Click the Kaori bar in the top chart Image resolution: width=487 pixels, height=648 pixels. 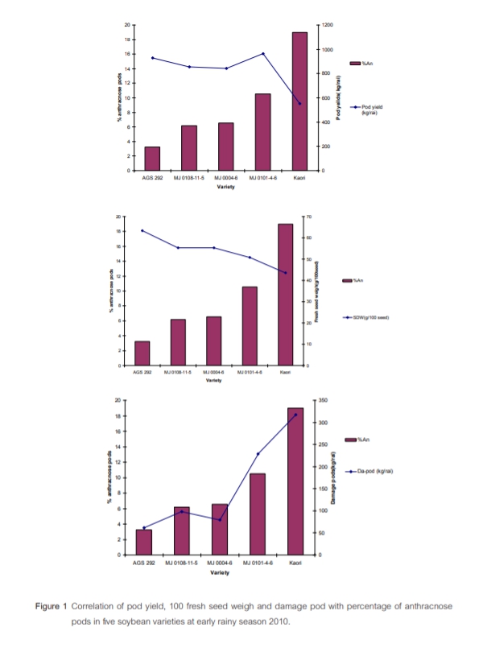coord(299,101)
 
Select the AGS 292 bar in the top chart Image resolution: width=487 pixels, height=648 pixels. coord(151,159)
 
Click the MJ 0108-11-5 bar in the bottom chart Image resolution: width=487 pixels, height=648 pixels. coord(181,530)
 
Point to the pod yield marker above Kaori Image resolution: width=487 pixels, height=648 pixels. coord(299,103)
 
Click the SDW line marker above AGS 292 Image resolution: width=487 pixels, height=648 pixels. coord(142,230)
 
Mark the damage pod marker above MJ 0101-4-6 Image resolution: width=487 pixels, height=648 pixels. coord(258,454)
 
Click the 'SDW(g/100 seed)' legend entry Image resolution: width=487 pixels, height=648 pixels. coord(374,318)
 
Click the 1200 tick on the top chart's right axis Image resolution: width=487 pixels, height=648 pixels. coord(327,25)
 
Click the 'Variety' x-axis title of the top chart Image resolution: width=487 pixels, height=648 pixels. coord(225,187)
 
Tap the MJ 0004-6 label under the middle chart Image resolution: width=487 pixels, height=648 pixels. coord(213,373)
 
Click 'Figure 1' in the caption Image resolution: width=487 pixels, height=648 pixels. coord(52,605)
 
